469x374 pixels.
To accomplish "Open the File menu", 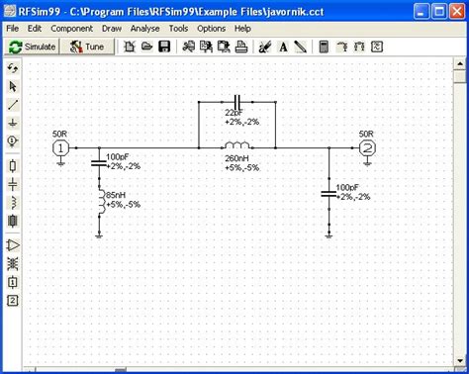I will pyautogui.click(x=13, y=29).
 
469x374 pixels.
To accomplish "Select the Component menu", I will pyautogui.click(x=72, y=29).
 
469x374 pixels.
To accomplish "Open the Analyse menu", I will pyautogui.click(x=144, y=29).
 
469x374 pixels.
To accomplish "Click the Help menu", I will pyautogui.click(x=242, y=29).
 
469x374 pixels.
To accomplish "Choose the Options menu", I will pyautogui.click(x=211, y=29).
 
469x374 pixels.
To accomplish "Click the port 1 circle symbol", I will pyautogui.click(x=59, y=147).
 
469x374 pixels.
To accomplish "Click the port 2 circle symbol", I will pyautogui.click(x=367, y=147).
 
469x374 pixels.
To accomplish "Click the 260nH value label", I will pyautogui.click(x=236, y=158).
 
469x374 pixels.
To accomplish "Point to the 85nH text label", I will pyautogui.click(x=118, y=194).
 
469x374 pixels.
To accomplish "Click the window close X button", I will pyautogui.click(x=454, y=9).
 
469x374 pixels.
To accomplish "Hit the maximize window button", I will pyautogui.click(x=436, y=9).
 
